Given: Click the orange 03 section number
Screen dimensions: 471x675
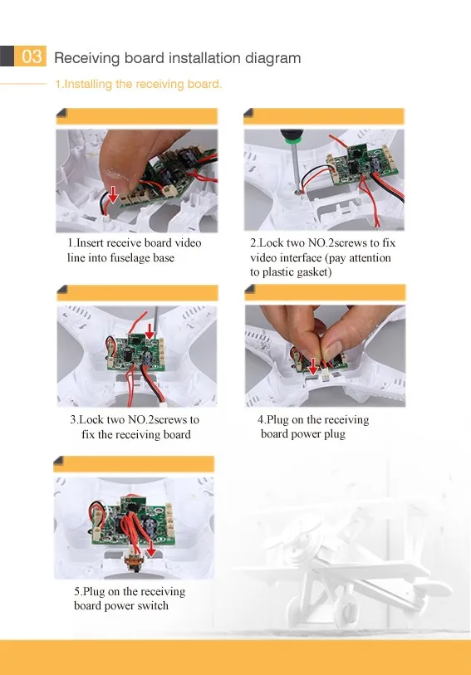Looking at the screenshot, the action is (x=31, y=56).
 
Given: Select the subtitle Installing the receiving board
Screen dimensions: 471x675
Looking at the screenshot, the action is (x=138, y=84).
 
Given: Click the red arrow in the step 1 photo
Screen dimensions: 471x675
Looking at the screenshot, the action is (x=113, y=194).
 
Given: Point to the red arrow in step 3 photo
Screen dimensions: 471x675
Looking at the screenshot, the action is (x=150, y=331).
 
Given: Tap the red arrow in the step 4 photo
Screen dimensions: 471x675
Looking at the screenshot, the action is (x=313, y=365).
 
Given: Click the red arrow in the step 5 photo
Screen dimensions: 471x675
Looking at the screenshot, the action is (x=150, y=549).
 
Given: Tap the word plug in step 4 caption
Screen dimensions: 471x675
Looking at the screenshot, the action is (x=335, y=434).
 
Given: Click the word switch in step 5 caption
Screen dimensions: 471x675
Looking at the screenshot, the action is (x=154, y=606).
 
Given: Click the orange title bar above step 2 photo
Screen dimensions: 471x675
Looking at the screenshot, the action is (x=324, y=116).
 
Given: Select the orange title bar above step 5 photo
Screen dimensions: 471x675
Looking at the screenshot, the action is (x=134, y=464).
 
